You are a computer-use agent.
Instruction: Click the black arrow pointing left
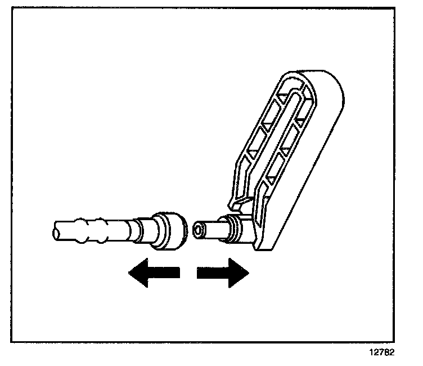click(x=152, y=274)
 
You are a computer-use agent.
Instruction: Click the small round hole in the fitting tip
click(x=197, y=230)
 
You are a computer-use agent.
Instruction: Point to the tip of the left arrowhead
click(x=129, y=274)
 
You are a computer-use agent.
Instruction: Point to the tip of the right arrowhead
click(x=248, y=274)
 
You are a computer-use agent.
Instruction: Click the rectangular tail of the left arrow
click(x=166, y=274)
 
